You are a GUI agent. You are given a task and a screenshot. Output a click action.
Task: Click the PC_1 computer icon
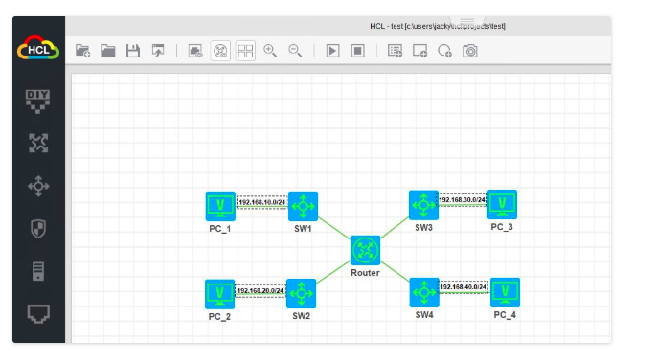[x=220, y=206]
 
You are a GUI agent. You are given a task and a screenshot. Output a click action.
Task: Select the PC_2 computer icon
[x=220, y=293]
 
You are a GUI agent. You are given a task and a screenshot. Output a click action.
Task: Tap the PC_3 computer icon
[x=502, y=203]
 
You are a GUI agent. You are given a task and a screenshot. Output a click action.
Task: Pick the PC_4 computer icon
[x=505, y=292]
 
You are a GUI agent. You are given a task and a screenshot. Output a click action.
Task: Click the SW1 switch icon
[x=303, y=206]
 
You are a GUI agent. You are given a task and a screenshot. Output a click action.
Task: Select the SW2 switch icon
[x=301, y=293]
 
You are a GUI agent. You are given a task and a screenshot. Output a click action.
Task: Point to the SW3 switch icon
[x=423, y=204]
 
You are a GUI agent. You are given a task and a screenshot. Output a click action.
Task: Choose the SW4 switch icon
[x=423, y=292]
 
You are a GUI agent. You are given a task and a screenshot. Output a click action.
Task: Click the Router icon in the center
[x=365, y=250]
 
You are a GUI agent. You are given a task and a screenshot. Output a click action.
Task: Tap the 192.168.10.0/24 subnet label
[x=261, y=202]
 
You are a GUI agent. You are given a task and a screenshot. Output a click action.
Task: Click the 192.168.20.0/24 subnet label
[x=260, y=290]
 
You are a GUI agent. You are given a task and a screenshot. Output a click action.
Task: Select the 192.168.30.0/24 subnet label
[x=463, y=200]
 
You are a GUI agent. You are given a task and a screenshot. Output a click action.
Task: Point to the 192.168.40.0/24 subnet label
[x=464, y=286]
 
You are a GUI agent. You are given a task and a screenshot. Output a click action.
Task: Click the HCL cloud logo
[x=38, y=49]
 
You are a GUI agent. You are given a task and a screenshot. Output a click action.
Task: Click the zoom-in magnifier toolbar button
[x=270, y=51]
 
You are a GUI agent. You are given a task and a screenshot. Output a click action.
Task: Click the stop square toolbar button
[x=357, y=51]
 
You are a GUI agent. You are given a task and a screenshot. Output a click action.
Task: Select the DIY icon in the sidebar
[x=37, y=99]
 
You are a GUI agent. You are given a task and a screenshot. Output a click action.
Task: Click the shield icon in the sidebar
[x=38, y=229]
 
